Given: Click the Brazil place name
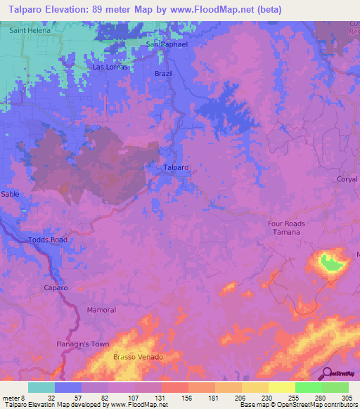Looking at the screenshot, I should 163,74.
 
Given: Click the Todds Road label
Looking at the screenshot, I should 48,240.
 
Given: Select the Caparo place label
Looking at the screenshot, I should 56,288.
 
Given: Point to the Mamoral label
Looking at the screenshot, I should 101,310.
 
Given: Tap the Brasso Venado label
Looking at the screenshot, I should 138,358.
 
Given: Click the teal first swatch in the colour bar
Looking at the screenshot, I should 41,387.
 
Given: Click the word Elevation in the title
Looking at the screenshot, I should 66,9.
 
